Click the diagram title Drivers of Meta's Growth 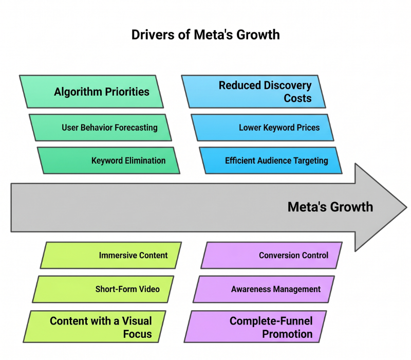pyautogui.click(x=206, y=35)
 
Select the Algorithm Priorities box pyautogui.click(x=91, y=92)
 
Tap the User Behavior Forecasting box pyautogui.click(x=100, y=128)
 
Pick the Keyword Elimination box pyautogui.click(x=108, y=160)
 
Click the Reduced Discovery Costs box pyautogui.click(x=253, y=92)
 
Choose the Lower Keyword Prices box pyautogui.click(x=263, y=128)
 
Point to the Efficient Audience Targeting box pyautogui.click(x=271, y=160)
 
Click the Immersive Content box pyautogui.click(x=111, y=255)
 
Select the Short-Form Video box pyautogui.click(x=103, y=289)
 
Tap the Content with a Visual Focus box pyautogui.click(x=95, y=327)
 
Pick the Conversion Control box pyautogui.click(x=272, y=255)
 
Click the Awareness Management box pyautogui.click(x=264, y=289)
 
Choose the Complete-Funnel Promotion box pyautogui.click(x=255, y=327)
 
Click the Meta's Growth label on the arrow pyautogui.click(x=330, y=207)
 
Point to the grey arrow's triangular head pyautogui.click(x=381, y=207)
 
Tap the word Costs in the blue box pyautogui.click(x=298, y=98)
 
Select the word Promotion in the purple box pyautogui.click(x=287, y=334)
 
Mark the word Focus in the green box pyautogui.click(x=138, y=334)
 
